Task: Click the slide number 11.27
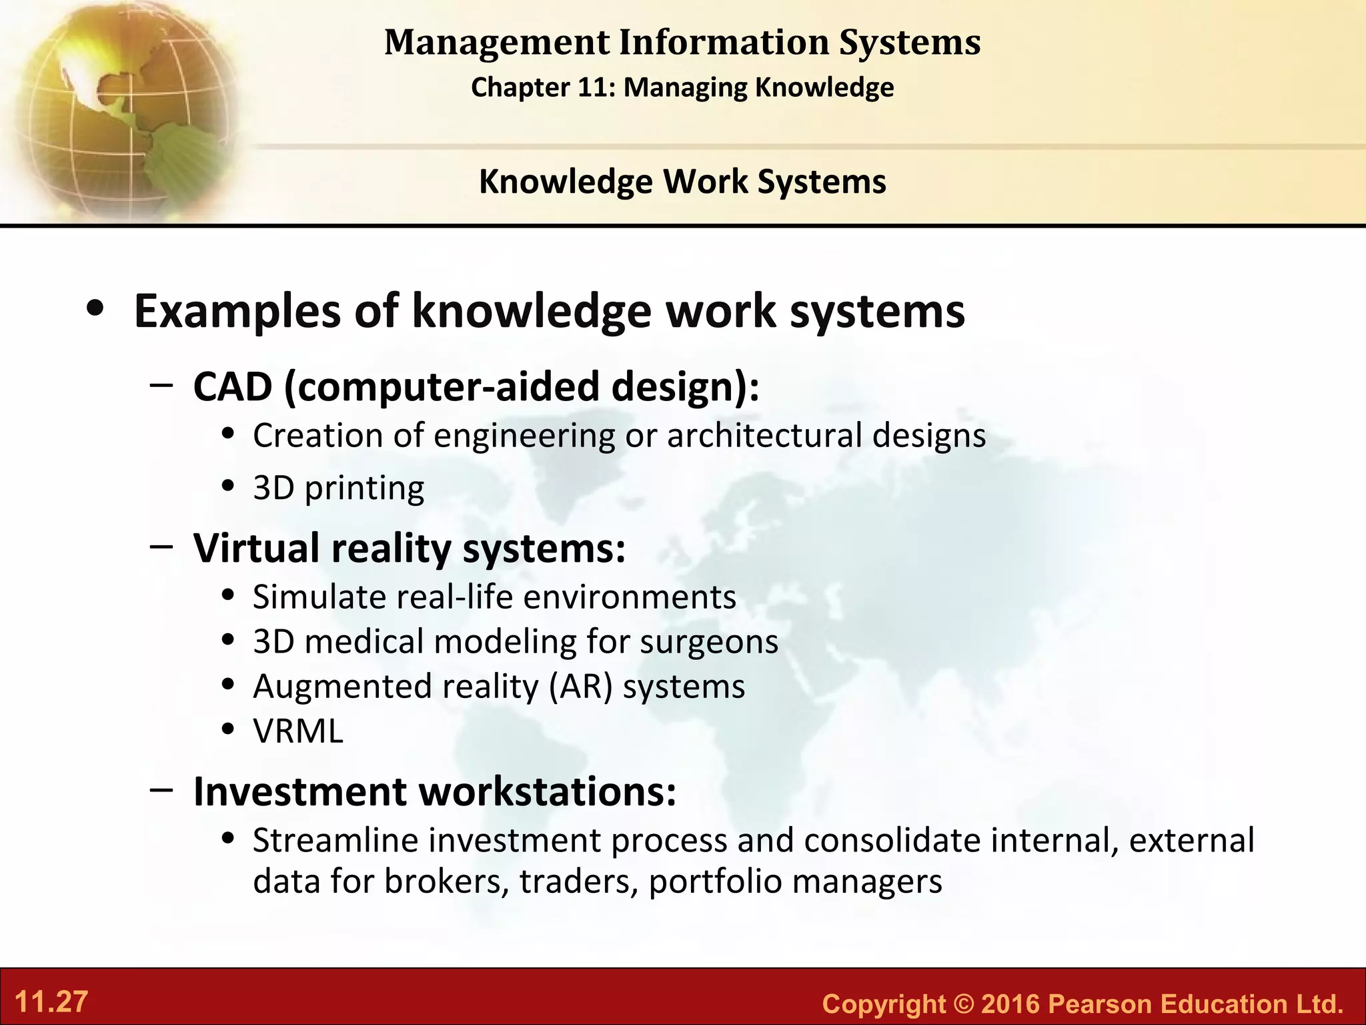(51, 1002)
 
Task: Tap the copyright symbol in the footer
(963, 1004)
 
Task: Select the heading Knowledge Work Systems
(682, 182)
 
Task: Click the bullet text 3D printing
(338, 488)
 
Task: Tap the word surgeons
(708, 641)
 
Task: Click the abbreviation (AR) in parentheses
(580, 686)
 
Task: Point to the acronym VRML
(298, 731)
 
